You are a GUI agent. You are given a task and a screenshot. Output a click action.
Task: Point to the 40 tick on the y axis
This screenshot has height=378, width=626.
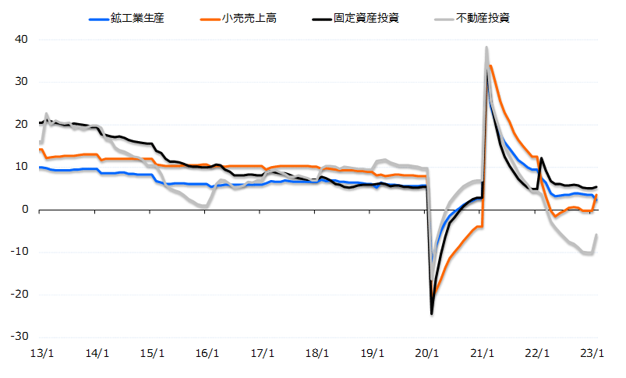(x=22, y=40)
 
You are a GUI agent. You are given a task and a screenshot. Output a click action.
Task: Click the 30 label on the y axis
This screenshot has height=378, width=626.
(x=22, y=82)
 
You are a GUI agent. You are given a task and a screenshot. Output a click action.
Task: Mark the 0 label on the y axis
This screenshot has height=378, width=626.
(x=25, y=210)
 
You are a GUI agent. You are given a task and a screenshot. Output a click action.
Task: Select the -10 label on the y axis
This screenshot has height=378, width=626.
(x=19, y=252)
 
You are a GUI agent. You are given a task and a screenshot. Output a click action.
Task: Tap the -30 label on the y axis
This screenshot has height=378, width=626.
(x=19, y=337)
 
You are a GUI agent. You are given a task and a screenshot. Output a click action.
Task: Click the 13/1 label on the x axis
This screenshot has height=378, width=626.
(x=41, y=352)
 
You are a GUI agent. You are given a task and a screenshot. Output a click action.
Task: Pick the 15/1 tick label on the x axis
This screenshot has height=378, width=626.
(x=152, y=352)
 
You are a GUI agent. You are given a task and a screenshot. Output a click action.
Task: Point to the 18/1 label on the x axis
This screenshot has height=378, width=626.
(x=317, y=352)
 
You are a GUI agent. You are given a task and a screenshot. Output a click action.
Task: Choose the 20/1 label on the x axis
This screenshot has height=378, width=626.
(x=428, y=352)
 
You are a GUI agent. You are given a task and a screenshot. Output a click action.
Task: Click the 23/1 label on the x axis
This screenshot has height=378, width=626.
(x=594, y=352)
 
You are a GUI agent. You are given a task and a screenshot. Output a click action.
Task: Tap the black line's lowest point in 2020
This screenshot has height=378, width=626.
(x=432, y=313)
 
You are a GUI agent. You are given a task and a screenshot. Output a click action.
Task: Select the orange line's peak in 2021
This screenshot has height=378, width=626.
(x=490, y=65)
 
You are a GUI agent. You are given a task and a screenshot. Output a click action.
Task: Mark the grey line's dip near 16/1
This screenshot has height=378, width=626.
(x=205, y=207)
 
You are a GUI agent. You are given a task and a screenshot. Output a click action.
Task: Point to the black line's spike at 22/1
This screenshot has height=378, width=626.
(x=541, y=158)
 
